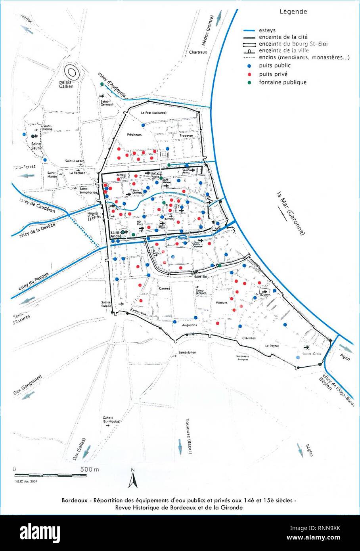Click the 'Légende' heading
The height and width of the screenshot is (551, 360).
point(293,12)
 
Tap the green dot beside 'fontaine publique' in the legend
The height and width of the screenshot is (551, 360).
point(248,82)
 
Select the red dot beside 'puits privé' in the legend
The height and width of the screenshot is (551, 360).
point(248,74)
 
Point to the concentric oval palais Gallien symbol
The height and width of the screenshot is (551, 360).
point(72,72)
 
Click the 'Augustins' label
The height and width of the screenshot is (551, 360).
point(189,325)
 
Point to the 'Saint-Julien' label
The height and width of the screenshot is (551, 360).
point(187,352)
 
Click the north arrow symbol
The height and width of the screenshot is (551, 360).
point(133,479)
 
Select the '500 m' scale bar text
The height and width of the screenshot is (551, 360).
point(90,469)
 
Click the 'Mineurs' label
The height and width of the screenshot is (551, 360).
point(221,302)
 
